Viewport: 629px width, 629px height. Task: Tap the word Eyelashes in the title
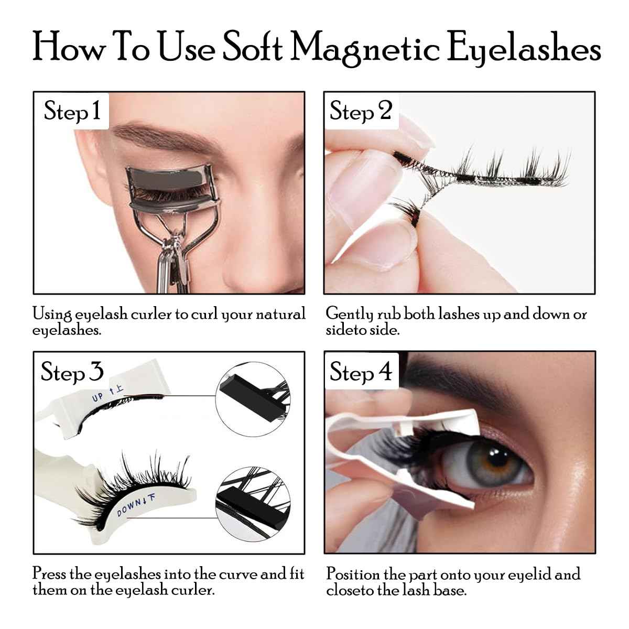pyautogui.click(x=524, y=50)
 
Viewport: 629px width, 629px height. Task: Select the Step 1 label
pyautogui.click(x=72, y=111)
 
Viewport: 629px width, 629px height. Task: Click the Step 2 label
pyautogui.click(x=361, y=111)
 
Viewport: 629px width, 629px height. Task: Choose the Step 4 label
pyautogui.click(x=361, y=372)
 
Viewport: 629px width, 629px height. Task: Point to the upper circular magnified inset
pyautogui.click(x=253, y=393)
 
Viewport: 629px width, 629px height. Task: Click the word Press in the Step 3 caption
pyautogui.click(x=49, y=574)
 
